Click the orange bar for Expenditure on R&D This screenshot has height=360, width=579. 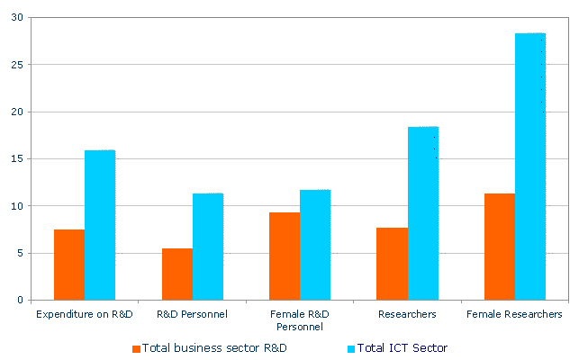point(69,265)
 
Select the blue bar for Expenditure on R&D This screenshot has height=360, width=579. point(100,225)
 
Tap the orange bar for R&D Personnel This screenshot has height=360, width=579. point(176,274)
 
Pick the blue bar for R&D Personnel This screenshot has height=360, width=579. point(208,247)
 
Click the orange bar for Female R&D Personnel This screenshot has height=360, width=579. point(285,256)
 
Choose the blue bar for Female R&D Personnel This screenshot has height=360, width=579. point(315,245)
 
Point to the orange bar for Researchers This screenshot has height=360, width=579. point(392,264)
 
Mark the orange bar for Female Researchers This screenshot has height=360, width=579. point(500,247)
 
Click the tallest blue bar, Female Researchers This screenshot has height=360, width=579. point(530,166)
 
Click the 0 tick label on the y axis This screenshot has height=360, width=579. point(18,300)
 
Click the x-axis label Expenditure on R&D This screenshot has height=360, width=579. point(85,314)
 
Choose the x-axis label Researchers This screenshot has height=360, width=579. point(408,314)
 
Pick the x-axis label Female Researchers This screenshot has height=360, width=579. point(514,314)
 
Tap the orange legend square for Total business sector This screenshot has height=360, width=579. point(136,348)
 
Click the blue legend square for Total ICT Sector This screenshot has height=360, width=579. point(351,348)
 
